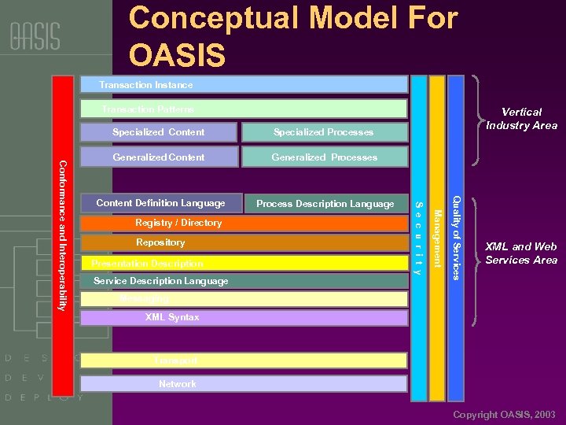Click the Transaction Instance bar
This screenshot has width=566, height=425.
[244, 84]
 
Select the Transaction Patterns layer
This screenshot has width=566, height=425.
[244, 109]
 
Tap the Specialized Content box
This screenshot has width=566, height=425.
[159, 132]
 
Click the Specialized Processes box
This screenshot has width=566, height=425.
[324, 132]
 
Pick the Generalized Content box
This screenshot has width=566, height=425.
[159, 157]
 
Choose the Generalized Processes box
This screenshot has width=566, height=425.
[324, 157]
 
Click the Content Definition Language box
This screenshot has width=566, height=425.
[160, 203]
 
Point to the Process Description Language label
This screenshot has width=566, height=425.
[325, 204]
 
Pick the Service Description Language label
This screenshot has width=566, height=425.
[160, 281]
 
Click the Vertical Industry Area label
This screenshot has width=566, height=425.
[521, 119]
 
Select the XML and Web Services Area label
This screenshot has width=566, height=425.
[520, 253]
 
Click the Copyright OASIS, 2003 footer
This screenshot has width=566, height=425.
[504, 414]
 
